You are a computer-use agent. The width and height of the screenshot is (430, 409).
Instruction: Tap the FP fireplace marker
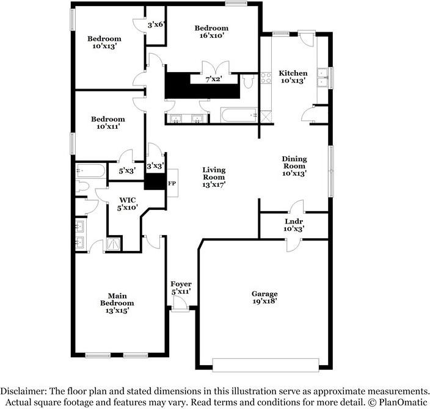[x=172, y=183]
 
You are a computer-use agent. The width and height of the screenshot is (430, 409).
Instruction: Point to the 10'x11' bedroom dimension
[x=108, y=126]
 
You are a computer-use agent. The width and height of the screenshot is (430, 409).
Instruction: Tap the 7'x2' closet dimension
[x=214, y=79]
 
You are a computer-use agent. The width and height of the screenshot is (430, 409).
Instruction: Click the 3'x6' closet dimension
[x=156, y=25]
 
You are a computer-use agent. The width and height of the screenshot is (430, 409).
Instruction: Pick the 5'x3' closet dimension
[x=127, y=171]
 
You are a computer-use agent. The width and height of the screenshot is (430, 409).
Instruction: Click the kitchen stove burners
[x=266, y=78]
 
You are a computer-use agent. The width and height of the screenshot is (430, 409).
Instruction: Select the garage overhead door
[x=266, y=365]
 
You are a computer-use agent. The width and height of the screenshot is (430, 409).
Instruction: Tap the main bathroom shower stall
[x=114, y=244]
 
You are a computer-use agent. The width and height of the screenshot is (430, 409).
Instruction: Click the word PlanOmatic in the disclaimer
[x=403, y=402]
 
